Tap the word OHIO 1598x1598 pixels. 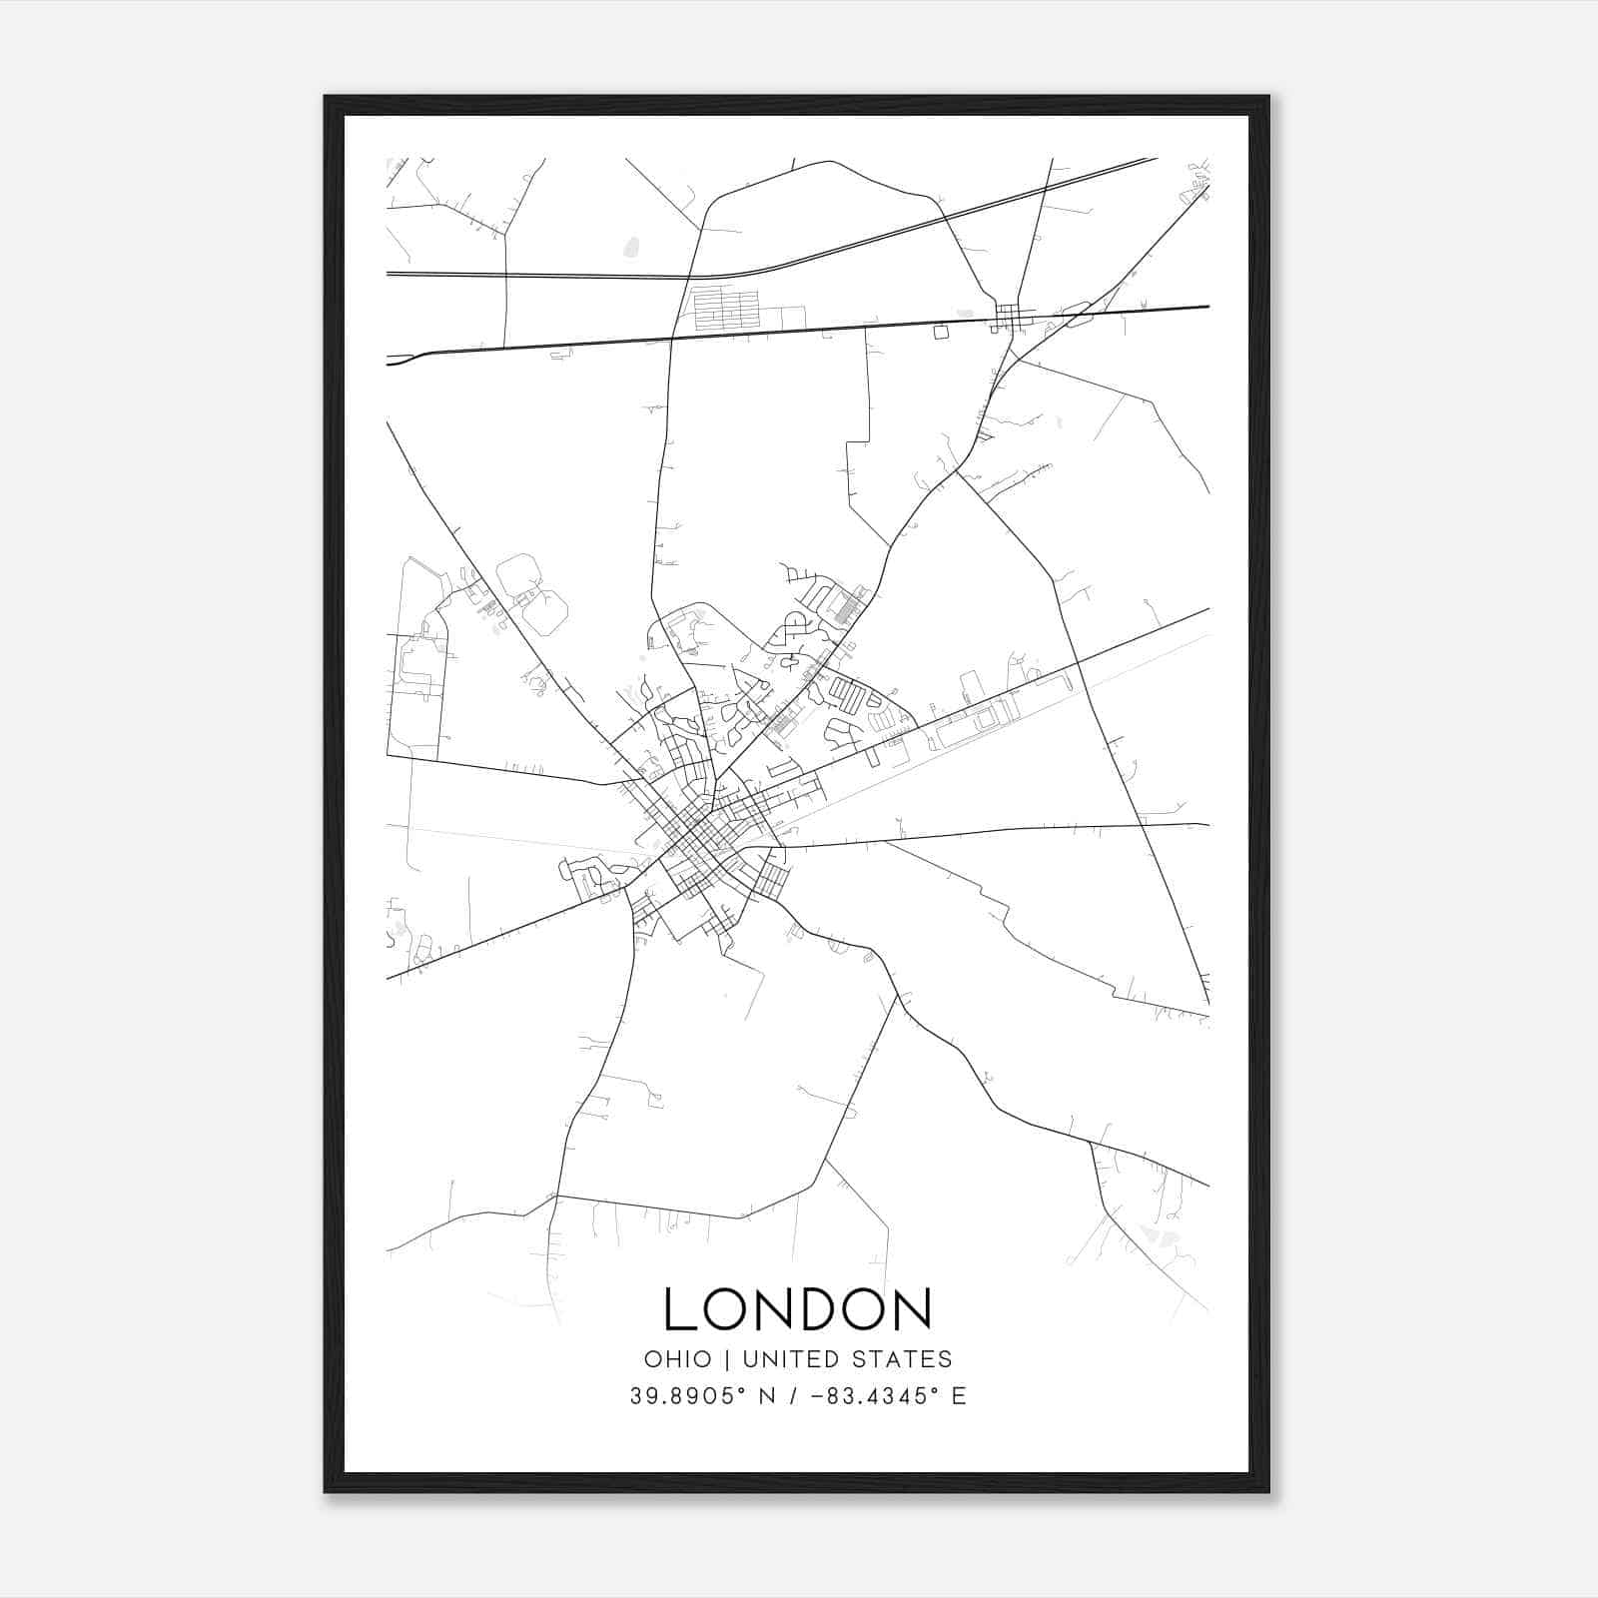click(x=677, y=1359)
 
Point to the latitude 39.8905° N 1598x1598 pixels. click(x=703, y=1396)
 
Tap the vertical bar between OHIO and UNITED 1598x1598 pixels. click(x=727, y=1359)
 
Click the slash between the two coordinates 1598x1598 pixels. click(x=793, y=1396)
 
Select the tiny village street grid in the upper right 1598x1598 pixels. click(x=1011, y=319)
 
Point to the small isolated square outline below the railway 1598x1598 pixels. click(x=940, y=332)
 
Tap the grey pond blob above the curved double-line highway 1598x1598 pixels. click(x=630, y=246)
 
